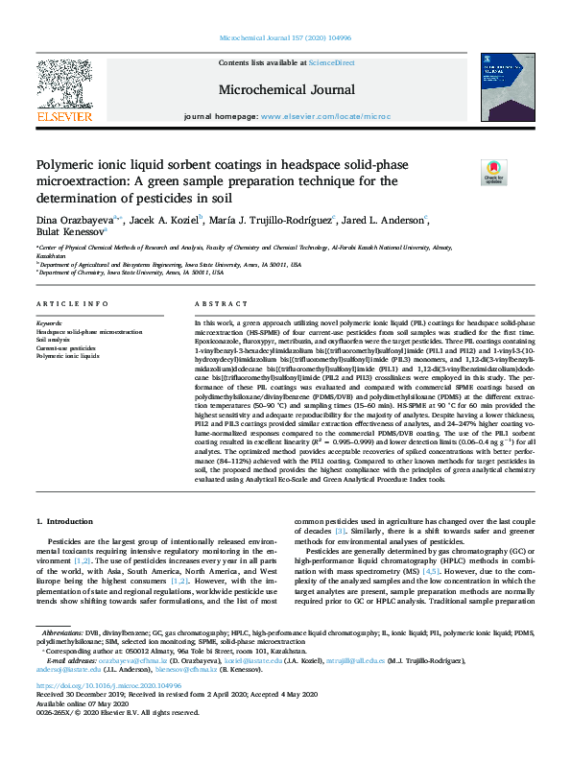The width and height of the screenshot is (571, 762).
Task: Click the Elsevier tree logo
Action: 63,85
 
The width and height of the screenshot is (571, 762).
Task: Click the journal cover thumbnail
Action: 507,86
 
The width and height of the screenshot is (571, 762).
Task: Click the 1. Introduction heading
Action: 65,521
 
